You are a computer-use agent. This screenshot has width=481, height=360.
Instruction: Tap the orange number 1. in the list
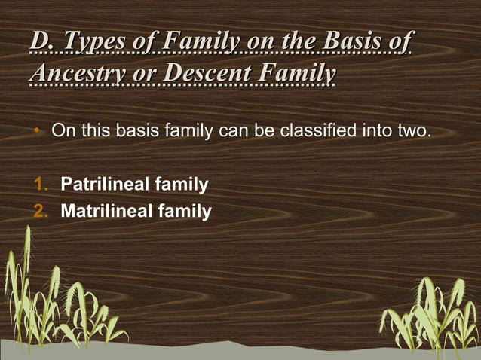[x=41, y=183]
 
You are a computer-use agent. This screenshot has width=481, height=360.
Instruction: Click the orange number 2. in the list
[x=41, y=212]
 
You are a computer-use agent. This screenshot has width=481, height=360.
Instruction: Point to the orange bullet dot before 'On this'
[x=35, y=133]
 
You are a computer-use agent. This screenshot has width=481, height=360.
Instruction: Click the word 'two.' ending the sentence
[x=414, y=133]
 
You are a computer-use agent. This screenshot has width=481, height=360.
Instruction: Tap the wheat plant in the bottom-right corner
[x=434, y=313]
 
